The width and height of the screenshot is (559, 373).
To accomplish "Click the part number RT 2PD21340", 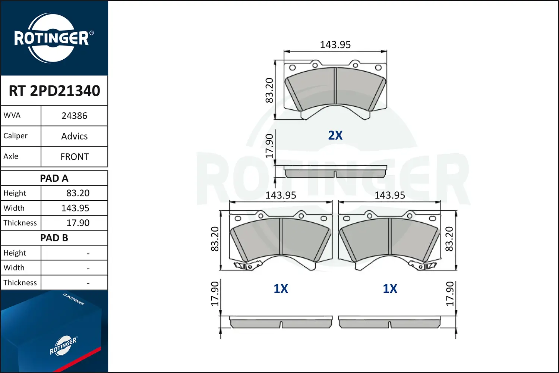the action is [54, 91].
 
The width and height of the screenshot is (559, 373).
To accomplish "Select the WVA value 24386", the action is [75, 116].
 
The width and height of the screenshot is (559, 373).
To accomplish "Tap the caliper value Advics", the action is [75, 137].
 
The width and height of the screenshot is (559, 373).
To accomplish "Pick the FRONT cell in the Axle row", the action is [75, 157].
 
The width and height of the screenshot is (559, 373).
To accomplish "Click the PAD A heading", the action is [54, 178].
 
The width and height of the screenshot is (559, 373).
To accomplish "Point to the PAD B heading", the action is [54, 238].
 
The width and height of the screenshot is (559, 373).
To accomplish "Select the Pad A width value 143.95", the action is [75, 208].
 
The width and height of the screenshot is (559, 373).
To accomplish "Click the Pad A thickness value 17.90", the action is [78, 223].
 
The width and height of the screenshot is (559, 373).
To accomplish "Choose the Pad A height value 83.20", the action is [78, 193].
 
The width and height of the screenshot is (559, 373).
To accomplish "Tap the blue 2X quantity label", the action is [335, 135].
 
